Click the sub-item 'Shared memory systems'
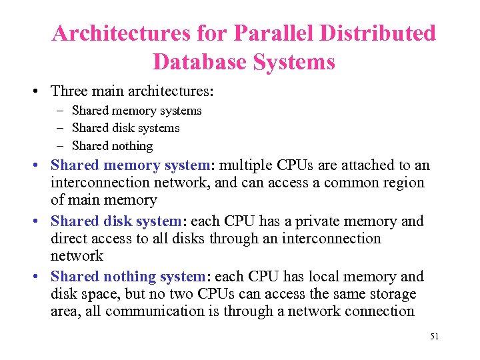[x=137, y=111]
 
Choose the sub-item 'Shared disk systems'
[x=125, y=128]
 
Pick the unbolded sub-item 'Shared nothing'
[x=112, y=145]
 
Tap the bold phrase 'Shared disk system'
[x=115, y=221]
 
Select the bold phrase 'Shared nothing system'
[x=128, y=277]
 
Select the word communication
[x=142, y=311]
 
